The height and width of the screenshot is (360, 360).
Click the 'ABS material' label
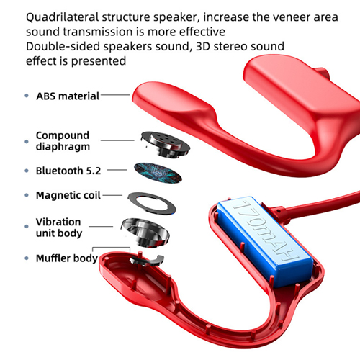click(68, 96)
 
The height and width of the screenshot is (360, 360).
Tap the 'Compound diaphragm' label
click(63, 141)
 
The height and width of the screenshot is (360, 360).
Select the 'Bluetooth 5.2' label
click(68, 171)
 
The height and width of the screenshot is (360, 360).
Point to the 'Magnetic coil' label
click(68, 195)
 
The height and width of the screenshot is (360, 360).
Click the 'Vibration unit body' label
click(59, 228)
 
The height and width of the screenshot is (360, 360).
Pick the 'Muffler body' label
click(67, 258)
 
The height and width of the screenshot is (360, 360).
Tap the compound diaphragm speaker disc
click(166, 144)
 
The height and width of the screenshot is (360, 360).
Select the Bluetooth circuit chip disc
click(158, 173)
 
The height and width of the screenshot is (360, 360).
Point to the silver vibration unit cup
click(145, 233)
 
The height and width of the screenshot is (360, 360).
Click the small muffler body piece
click(147, 261)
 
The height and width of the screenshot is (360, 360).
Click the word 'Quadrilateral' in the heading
click(63, 17)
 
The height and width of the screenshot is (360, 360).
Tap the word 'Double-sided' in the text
click(63, 46)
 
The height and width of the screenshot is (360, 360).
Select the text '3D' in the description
click(203, 46)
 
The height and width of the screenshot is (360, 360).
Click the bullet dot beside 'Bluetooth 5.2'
click(27, 171)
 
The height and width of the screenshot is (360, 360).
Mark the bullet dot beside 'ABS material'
click(27, 96)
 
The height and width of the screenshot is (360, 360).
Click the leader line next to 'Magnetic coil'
click(112, 195)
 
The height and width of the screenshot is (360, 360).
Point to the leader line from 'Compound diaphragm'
click(117, 140)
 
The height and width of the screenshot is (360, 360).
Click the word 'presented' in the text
click(99, 61)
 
